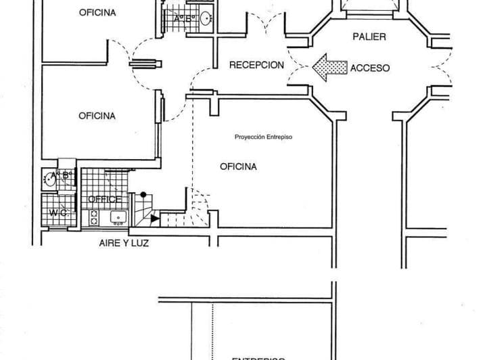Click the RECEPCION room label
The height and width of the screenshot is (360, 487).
pos(256,66)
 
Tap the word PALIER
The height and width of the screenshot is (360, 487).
pos(369,37)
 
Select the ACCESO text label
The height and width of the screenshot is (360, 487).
pos(370,68)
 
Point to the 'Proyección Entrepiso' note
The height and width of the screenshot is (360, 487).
pos(263,136)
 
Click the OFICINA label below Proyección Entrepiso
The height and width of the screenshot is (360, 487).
pos(238,166)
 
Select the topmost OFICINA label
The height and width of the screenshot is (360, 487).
pos(97,12)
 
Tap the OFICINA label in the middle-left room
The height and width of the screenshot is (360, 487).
pos(97,116)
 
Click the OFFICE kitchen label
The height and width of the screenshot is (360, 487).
pos(106,200)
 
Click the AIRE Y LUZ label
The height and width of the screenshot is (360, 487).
pos(119,242)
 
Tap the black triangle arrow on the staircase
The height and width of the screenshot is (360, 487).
pos(155,218)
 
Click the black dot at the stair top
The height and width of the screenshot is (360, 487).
pos(143,195)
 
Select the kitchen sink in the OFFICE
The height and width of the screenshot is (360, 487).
pos(118,217)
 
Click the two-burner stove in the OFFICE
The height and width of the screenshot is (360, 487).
pos(94,217)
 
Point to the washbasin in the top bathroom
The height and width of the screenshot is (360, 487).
pos(205,18)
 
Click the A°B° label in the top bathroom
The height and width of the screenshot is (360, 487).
pos(183,19)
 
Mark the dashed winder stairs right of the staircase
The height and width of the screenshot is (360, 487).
pos(198,206)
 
